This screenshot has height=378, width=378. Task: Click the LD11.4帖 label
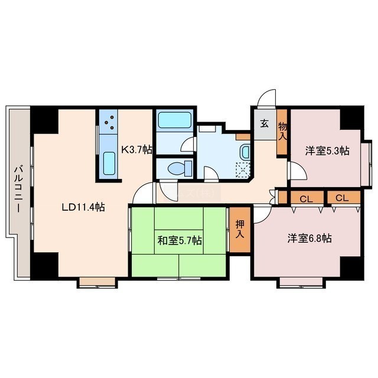[83, 207]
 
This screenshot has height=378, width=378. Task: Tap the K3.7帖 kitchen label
[136, 149]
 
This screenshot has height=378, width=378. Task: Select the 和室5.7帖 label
[180, 240]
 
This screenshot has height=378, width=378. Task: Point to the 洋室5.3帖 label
[327, 151]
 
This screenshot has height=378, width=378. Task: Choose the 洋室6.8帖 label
[309, 238]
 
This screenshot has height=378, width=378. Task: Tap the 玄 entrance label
[264, 124]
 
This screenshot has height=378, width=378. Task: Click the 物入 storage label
[282, 131]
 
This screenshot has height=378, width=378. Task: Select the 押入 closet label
[240, 229]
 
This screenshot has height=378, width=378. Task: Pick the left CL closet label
[306, 199]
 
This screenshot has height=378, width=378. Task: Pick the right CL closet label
[342, 198]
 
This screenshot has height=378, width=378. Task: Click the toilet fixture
[180, 168]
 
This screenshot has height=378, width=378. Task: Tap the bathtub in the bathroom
[175, 120]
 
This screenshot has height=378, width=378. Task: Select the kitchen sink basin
[109, 164]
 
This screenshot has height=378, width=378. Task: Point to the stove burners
[109, 122]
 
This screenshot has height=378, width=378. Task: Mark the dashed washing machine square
[243, 170]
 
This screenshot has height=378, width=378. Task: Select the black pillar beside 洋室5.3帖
[351, 119]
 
